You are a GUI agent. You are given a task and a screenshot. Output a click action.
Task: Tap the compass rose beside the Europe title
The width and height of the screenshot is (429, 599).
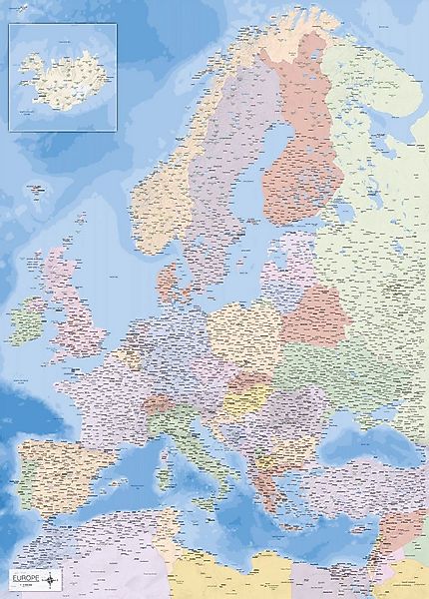coord(54,578)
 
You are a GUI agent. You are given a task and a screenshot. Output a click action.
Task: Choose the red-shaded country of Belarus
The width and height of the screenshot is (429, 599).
coord(313,313)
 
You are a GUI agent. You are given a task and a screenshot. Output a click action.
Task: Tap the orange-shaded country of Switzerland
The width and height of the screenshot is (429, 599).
coord(155,404)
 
